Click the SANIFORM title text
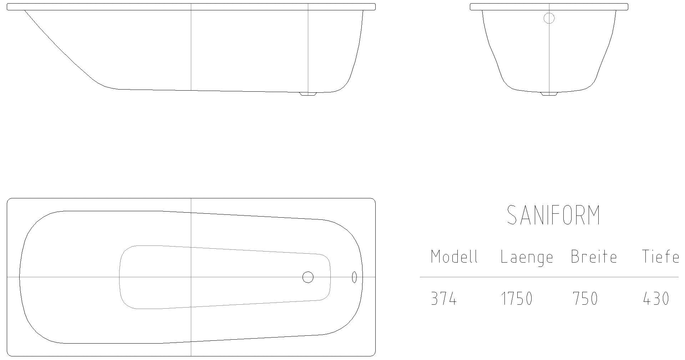pos(553,215)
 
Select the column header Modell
pos(454,257)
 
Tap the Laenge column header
pos(527,257)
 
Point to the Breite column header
pos(594,257)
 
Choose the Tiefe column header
pos(660,257)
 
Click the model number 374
pos(444,299)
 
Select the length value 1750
pos(517,299)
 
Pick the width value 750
pos(585,299)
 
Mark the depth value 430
pos(656,299)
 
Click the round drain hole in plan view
pos(308,277)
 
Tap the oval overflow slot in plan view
pos(354,277)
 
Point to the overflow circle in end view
pos(549,18)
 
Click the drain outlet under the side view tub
pos(308,94)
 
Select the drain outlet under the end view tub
pos(549,94)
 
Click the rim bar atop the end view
pos(549,7)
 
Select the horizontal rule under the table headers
pos(549,277)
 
